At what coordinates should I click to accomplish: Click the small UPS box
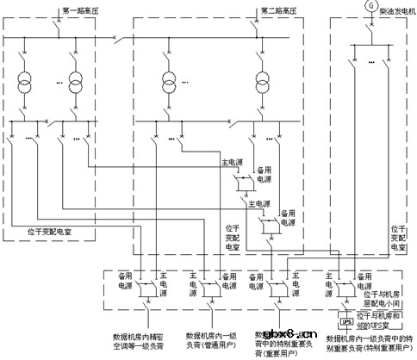(346, 323)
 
